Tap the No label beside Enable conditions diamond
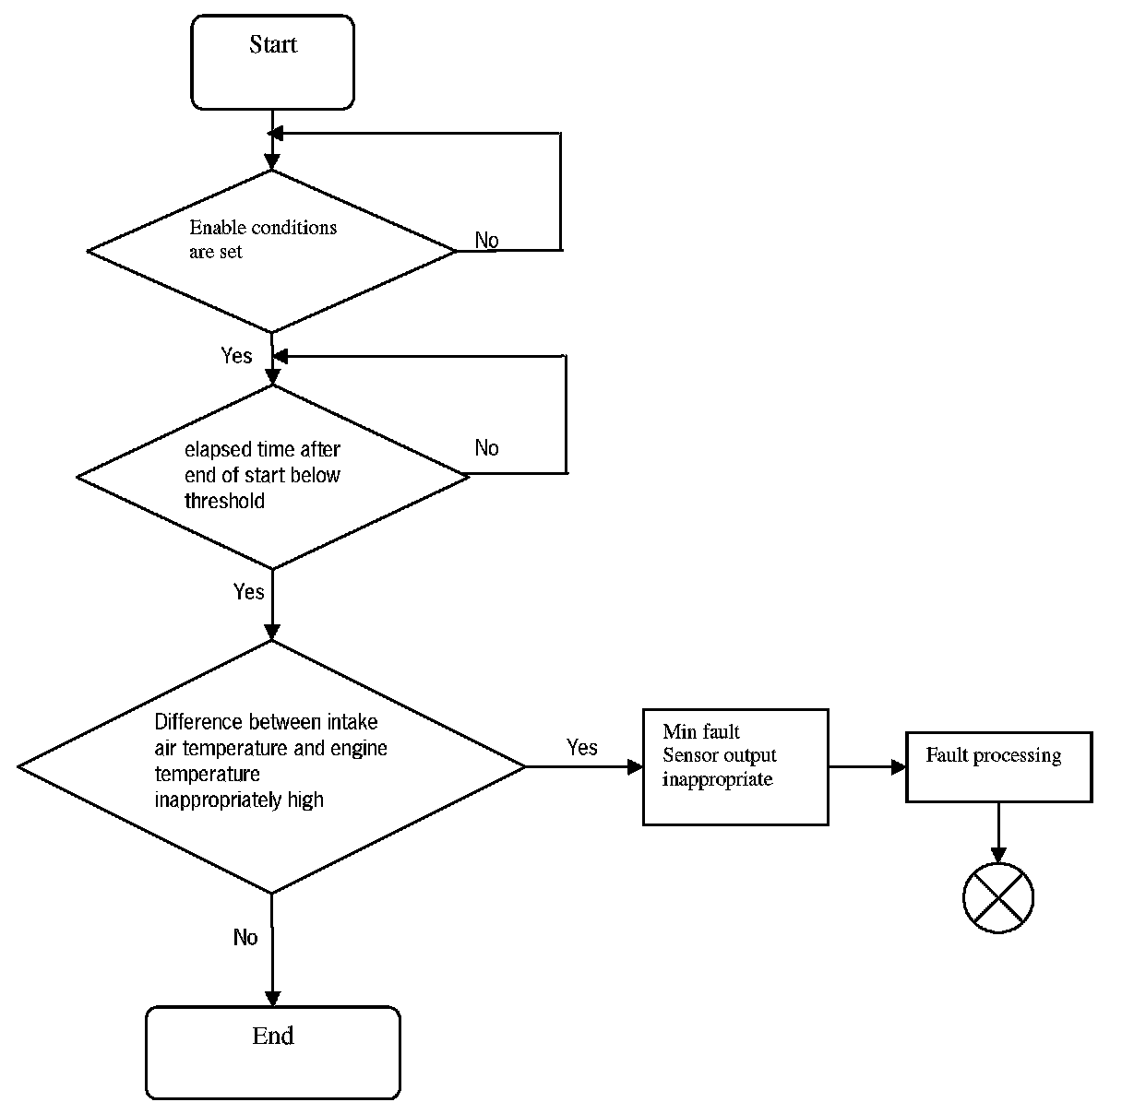pos(487,240)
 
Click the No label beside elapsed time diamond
pos(487,447)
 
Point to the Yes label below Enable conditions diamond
pos(236,355)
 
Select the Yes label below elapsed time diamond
pos(248,591)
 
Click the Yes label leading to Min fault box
pos(581,747)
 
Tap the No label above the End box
pos(245,937)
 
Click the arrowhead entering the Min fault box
pos(635,766)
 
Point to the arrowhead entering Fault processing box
pos(899,766)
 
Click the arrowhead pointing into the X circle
pos(998,855)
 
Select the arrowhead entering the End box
pos(272,999)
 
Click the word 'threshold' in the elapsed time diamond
pos(225,501)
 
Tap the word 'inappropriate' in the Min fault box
pos(717,779)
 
